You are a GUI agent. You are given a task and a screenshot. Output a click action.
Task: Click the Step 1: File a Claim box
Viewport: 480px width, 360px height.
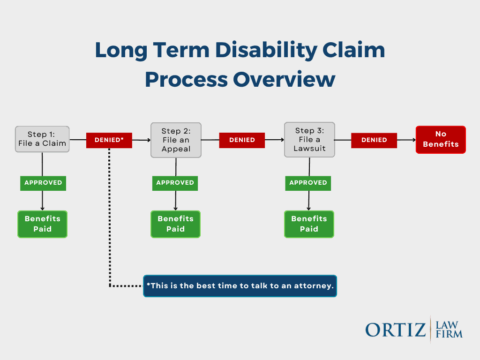pyautogui.click(x=42, y=139)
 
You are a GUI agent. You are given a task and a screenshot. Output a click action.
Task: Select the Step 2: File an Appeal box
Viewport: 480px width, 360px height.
pyautogui.click(x=176, y=140)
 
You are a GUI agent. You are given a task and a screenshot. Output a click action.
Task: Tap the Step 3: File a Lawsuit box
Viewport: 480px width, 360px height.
pyautogui.click(x=309, y=140)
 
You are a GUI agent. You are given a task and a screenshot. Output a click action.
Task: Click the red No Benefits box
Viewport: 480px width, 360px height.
pyautogui.click(x=441, y=140)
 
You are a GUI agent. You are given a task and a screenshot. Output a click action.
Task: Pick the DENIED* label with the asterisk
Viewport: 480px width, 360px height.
pyautogui.click(x=109, y=140)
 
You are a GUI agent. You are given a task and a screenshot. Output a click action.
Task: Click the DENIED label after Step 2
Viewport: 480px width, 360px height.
pyautogui.click(x=242, y=140)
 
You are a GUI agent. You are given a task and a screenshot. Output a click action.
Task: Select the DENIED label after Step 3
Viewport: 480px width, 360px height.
pyautogui.click(x=374, y=140)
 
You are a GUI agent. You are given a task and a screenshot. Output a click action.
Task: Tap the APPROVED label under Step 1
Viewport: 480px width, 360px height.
pyautogui.click(x=43, y=183)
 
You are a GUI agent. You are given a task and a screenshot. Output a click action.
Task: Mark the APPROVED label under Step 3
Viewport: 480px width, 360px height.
pyautogui.click(x=308, y=183)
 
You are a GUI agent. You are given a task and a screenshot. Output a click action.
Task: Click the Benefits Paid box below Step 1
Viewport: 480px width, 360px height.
pyautogui.click(x=43, y=224)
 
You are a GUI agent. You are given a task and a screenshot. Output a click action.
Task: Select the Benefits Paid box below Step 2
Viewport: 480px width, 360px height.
pyautogui.click(x=175, y=224)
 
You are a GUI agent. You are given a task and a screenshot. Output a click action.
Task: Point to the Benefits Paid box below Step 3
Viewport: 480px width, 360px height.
pyautogui.click(x=309, y=224)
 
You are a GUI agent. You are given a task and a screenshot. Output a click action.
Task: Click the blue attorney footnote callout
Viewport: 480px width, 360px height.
pyautogui.click(x=240, y=286)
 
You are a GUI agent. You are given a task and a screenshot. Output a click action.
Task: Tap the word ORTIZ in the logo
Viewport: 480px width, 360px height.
pyautogui.click(x=396, y=330)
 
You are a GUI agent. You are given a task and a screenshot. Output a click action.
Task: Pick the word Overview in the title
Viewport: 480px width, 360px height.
pyautogui.click(x=285, y=79)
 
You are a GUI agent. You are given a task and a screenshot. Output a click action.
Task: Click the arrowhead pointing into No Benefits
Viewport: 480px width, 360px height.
pyautogui.click(x=413, y=140)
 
